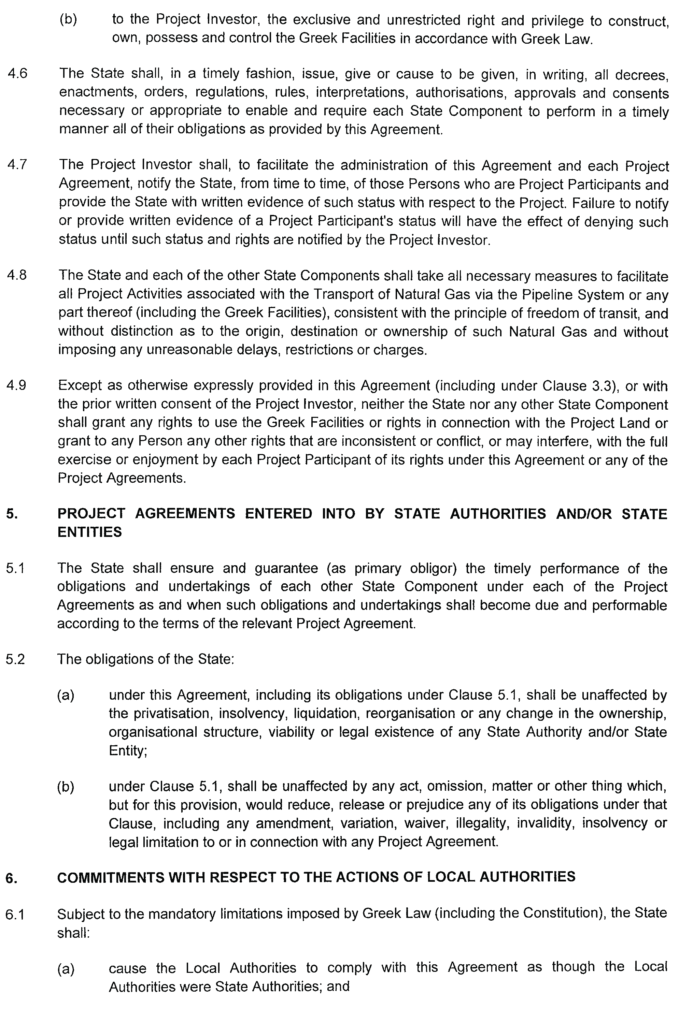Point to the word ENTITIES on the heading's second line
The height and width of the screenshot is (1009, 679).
[x=90, y=532]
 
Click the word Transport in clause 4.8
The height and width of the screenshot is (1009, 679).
[x=342, y=294]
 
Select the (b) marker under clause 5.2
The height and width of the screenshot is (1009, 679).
[x=66, y=787]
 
